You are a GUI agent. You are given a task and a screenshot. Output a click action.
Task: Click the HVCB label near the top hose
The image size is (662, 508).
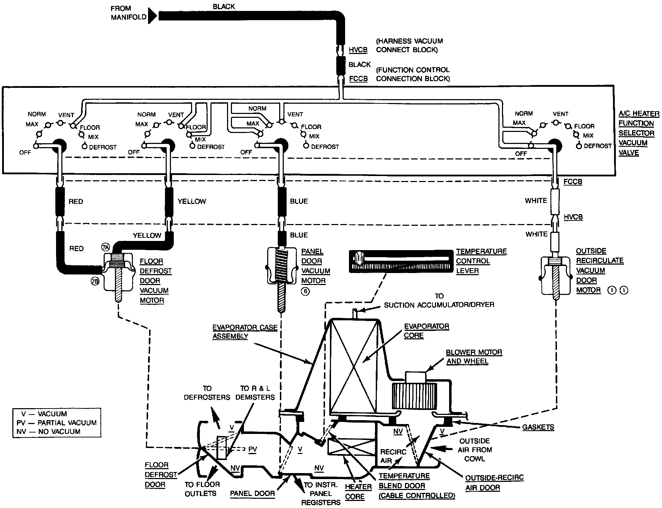click(x=358, y=50)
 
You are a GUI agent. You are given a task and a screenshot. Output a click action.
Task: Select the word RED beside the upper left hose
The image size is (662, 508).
click(x=76, y=201)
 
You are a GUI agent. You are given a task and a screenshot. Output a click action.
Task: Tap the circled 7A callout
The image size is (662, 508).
click(x=105, y=246)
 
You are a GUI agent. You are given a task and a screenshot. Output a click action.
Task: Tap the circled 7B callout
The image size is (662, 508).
click(x=95, y=281)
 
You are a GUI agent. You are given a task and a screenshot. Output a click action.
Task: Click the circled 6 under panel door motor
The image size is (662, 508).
click(x=305, y=291)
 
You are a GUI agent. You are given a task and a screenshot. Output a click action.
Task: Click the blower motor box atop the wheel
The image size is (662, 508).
click(x=416, y=377)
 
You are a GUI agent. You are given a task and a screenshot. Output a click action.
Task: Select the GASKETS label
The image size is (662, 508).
click(x=538, y=427)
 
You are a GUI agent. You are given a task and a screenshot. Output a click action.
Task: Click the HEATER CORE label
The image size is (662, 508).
click(x=358, y=491)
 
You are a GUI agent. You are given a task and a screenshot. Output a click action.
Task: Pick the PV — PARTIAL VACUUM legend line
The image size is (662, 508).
click(x=56, y=423)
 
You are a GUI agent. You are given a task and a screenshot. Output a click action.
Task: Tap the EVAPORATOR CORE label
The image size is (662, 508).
click(x=426, y=331)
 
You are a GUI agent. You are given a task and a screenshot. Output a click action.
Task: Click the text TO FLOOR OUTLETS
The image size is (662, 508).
click(x=202, y=489)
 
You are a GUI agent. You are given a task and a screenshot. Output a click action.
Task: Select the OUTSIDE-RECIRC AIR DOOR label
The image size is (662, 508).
click(x=494, y=483)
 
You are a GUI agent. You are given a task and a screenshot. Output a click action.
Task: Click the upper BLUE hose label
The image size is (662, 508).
click(x=299, y=201)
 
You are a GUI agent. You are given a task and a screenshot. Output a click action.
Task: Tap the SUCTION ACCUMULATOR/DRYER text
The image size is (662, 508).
click(x=439, y=304)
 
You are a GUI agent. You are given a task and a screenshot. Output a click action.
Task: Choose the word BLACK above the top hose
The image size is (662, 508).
click(x=223, y=6)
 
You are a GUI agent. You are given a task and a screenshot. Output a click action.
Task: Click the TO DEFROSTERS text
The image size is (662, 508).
click(x=207, y=393)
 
